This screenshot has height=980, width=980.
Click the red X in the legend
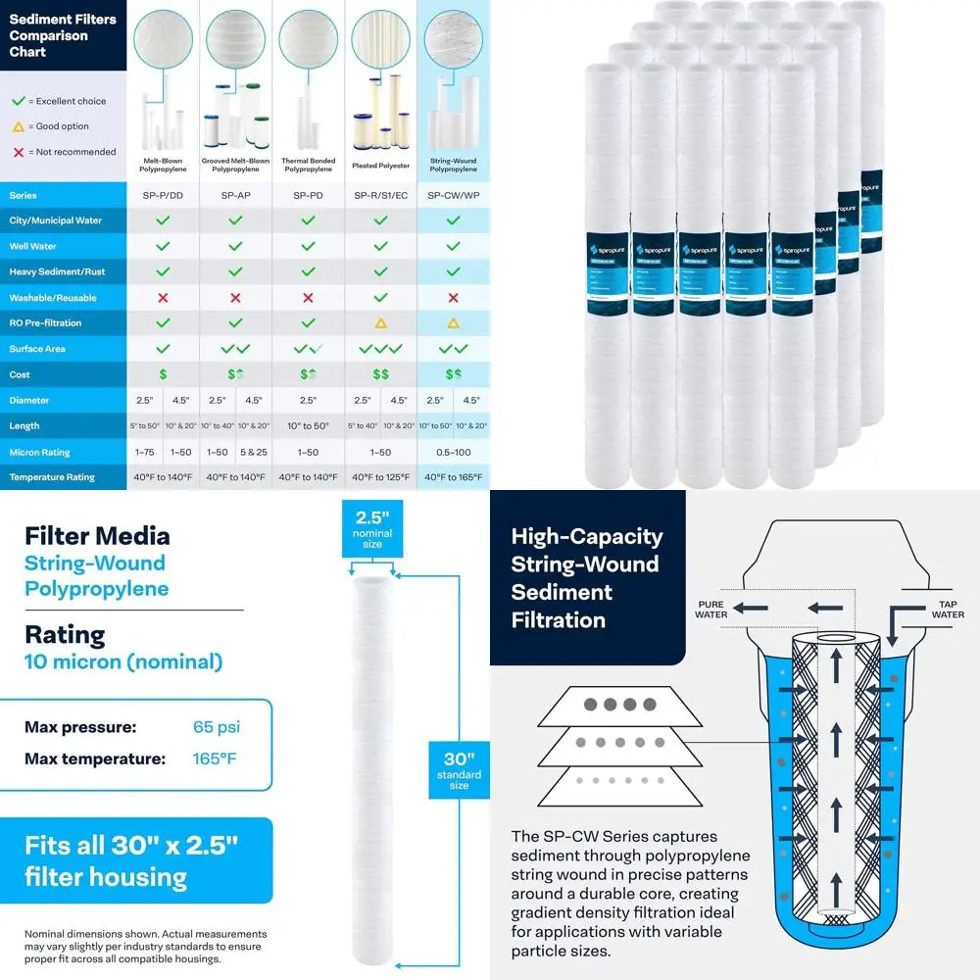[x=18, y=152]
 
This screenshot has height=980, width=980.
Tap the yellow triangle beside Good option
[x=18, y=126]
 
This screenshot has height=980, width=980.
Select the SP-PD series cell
[x=308, y=195]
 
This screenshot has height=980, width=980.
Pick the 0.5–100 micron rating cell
[x=453, y=452]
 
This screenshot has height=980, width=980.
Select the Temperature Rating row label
[x=52, y=477]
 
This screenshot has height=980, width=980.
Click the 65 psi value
[x=217, y=727]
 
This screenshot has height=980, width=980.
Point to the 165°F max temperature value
[x=215, y=759]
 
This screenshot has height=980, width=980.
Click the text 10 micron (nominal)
[x=123, y=661]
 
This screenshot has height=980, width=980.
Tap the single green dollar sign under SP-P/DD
[x=163, y=374]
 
